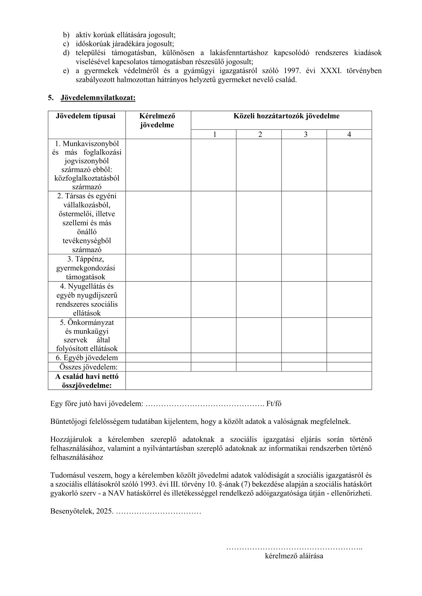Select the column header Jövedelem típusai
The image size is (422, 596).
85,116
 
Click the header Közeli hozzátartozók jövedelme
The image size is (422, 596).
286,116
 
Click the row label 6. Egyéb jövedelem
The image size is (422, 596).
87,358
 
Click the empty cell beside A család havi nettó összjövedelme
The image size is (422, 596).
248,381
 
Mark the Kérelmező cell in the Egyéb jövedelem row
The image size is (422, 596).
158,358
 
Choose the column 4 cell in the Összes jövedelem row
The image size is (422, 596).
349,367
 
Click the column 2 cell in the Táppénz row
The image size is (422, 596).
259,268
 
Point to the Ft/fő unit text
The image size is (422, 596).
274,404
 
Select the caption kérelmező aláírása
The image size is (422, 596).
294,556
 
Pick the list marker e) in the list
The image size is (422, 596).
66,71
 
